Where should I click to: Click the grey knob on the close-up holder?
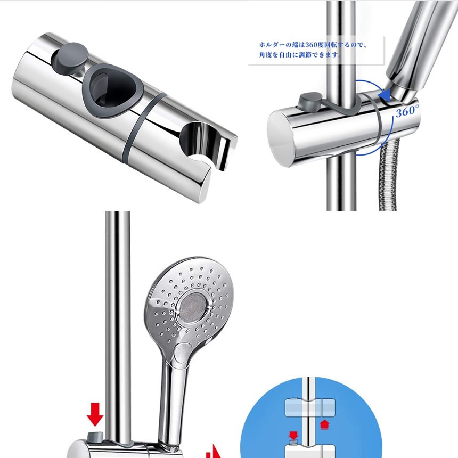pyautogui.click(x=70, y=59)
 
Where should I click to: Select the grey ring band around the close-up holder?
pyautogui.click(x=143, y=128)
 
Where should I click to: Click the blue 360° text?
pyautogui.click(x=407, y=111)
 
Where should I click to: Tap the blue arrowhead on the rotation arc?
pyautogui.click(x=384, y=95)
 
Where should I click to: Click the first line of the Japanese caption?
pyautogui.click(x=313, y=45)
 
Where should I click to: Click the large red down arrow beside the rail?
pyautogui.click(x=95, y=414)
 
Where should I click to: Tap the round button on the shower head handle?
pyautogui.click(x=182, y=353)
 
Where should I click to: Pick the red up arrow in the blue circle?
pyautogui.click(x=324, y=424)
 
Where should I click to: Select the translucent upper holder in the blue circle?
pyautogui.click(x=310, y=408)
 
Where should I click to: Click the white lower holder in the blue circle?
pyautogui.click(x=310, y=452)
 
